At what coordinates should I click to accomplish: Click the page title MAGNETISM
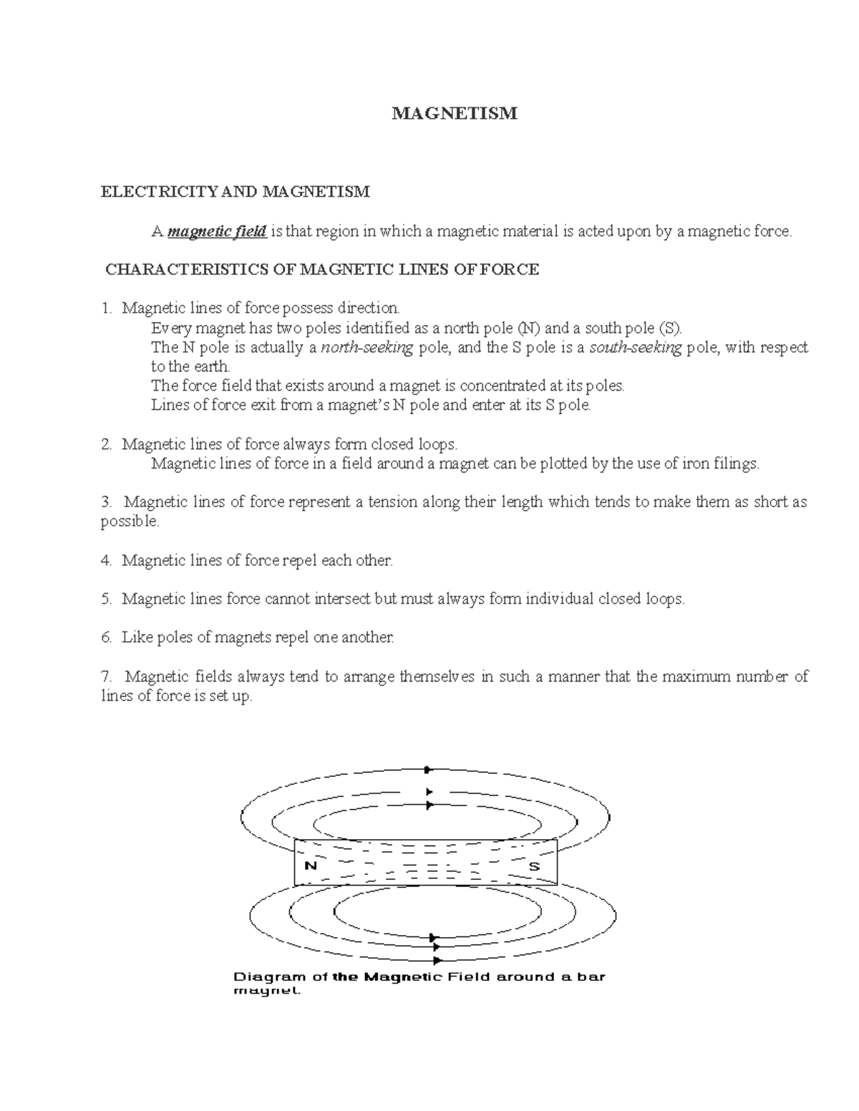454,114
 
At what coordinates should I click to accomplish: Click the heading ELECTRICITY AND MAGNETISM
236,192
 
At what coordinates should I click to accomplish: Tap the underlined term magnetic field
217,231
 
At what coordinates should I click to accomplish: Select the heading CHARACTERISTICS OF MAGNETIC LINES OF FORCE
321,270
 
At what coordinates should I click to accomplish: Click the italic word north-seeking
367,348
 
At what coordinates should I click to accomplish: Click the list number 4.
106,560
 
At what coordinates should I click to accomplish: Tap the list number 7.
106,676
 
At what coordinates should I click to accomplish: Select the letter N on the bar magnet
311,865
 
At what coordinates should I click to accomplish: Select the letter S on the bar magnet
533,866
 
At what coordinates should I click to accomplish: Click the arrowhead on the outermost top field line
428,770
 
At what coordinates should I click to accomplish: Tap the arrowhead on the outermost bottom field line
437,961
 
